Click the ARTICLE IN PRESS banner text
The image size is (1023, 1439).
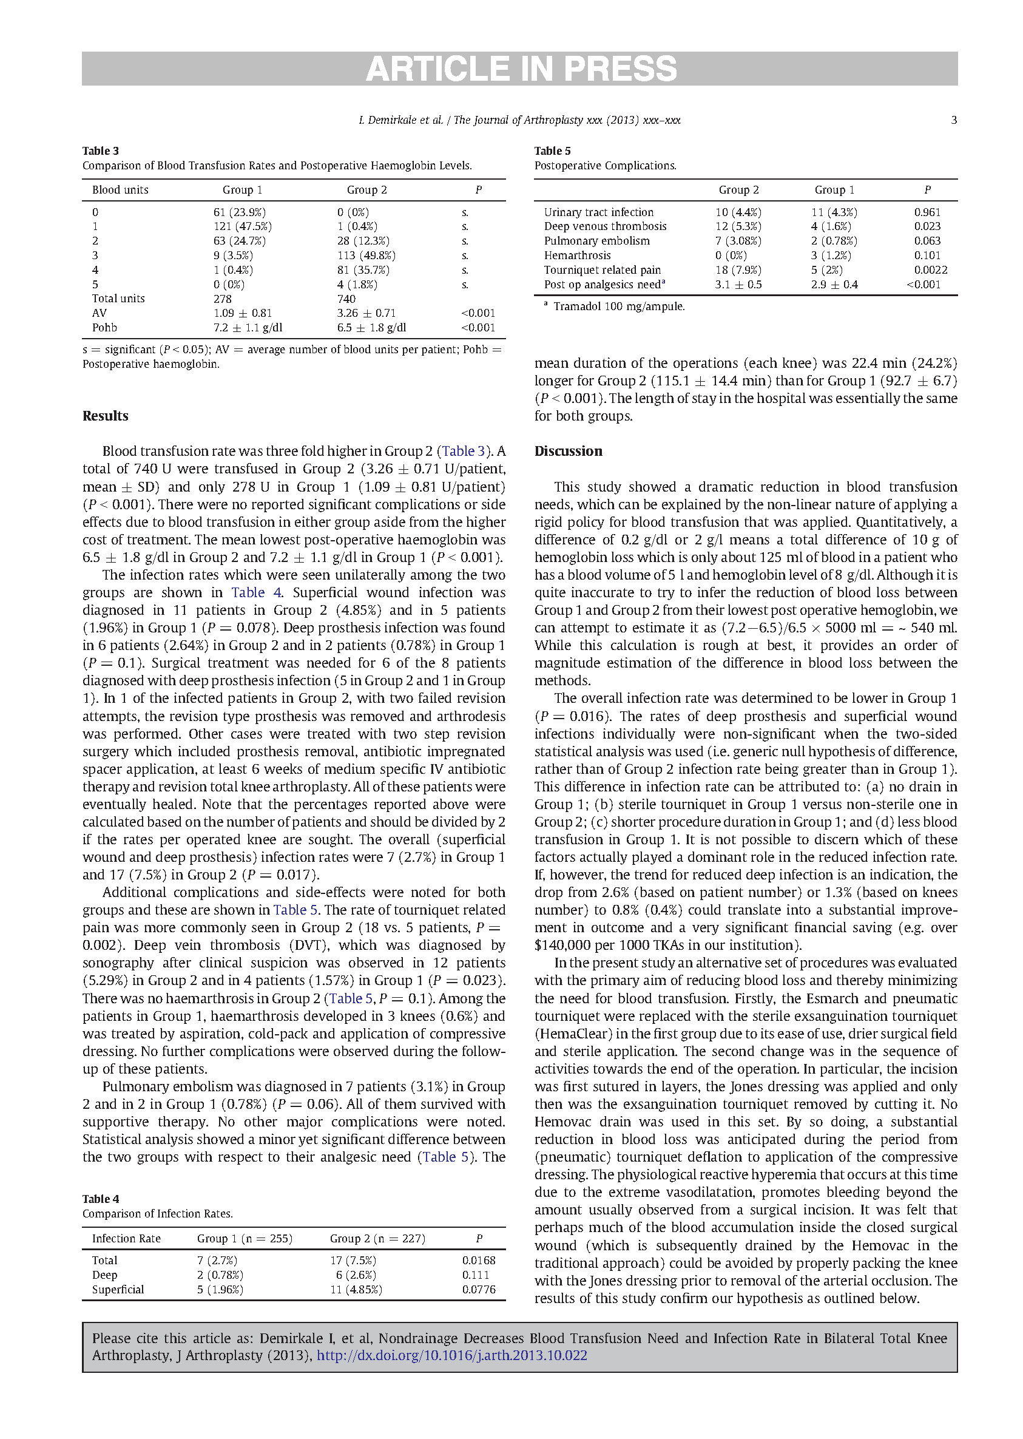coord(521,69)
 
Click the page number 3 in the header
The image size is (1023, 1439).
coord(954,120)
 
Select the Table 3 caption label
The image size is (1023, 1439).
coord(101,151)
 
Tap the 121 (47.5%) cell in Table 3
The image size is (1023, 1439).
coord(243,226)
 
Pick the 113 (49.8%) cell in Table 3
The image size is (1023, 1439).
coord(366,255)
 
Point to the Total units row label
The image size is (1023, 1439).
coord(118,299)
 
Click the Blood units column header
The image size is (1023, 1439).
coord(120,189)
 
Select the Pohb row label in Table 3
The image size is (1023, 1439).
coord(104,328)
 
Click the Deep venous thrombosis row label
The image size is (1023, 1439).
coord(605,226)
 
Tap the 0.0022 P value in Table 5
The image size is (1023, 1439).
coord(930,269)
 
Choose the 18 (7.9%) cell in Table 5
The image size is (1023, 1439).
coord(738,269)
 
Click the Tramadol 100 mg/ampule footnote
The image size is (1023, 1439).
coord(618,307)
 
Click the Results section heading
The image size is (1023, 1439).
coord(105,416)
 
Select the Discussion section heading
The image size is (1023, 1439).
coord(568,451)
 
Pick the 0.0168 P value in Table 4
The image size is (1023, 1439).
coord(478,1260)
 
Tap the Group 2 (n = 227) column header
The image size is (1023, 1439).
coord(377,1238)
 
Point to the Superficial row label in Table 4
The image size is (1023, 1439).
coord(118,1289)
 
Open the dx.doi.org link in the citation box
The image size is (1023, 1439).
coord(451,1355)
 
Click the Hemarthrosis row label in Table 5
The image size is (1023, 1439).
coord(577,255)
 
